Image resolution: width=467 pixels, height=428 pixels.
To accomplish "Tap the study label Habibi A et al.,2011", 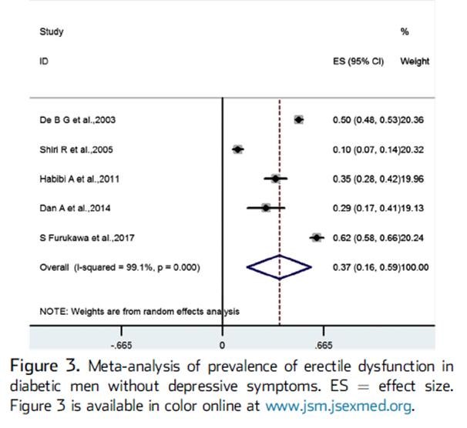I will tap(79, 179).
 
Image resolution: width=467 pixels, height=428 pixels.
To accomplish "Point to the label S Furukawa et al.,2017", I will tap(87, 238).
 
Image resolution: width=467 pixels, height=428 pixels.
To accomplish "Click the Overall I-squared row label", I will tap(119, 267).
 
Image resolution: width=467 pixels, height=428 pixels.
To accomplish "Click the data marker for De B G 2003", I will tap(299, 119).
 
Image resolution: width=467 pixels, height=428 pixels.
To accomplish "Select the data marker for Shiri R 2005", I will tap(238, 149).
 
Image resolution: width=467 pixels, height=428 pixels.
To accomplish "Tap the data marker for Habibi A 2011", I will tap(275, 179).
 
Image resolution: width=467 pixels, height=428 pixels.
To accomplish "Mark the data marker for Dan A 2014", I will tap(266, 208).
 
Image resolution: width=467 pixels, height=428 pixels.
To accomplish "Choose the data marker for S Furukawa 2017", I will tap(316, 238).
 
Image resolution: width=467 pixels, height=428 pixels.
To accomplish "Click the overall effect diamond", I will tap(279, 267).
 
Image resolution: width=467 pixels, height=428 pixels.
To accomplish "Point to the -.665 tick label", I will tap(122, 344).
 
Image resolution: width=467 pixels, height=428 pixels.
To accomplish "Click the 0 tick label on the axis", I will tap(222, 344).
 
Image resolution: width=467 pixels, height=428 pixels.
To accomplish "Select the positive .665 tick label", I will tap(324, 344).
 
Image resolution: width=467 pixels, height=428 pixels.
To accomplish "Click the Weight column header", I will tap(415, 62).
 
